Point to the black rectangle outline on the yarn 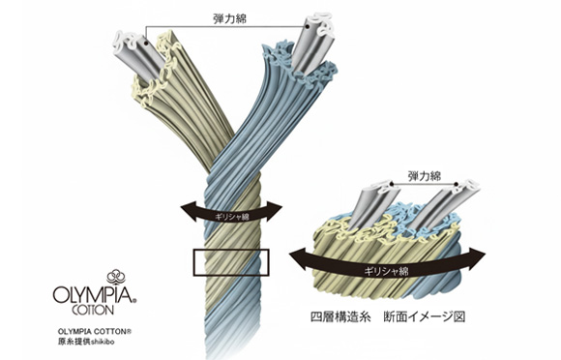[229, 260]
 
